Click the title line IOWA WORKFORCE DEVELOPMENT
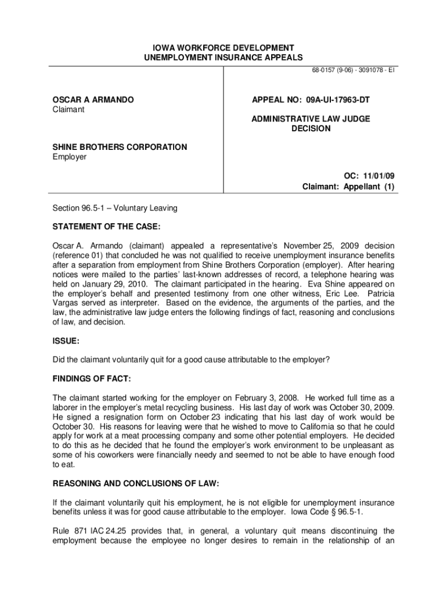223,47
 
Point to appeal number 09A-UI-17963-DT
311,100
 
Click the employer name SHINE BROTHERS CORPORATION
120,147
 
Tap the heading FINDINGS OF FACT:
92,379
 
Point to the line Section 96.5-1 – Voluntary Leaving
115,207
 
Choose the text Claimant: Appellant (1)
348,187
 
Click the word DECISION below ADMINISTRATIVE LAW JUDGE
311,128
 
